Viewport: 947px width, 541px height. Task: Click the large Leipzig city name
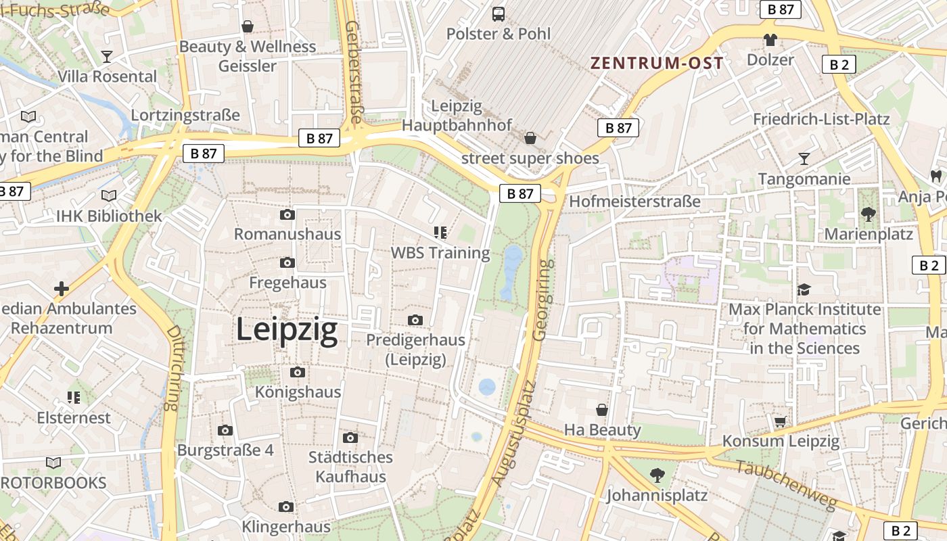(287, 330)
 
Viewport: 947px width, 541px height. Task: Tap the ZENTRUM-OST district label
(657, 64)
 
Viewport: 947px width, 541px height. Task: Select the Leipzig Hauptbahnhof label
(457, 116)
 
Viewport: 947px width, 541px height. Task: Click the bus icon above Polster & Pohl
(499, 14)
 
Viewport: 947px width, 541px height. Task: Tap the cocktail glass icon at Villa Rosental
(107, 56)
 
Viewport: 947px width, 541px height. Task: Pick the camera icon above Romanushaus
(287, 215)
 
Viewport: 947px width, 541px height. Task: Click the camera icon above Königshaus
(298, 372)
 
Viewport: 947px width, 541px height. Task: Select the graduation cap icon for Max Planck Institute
(804, 289)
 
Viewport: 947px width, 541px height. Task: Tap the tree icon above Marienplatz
(869, 214)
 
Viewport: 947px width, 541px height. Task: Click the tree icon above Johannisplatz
(657, 475)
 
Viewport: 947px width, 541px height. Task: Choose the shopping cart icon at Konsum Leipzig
(781, 421)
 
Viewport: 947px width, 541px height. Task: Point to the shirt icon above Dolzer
(770, 40)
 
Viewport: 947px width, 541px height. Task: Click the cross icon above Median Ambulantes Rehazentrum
(62, 289)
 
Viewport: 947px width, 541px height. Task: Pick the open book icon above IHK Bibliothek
(109, 195)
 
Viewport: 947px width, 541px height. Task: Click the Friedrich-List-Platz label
(821, 119)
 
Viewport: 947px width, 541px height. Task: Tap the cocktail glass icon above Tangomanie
(804, 159)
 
